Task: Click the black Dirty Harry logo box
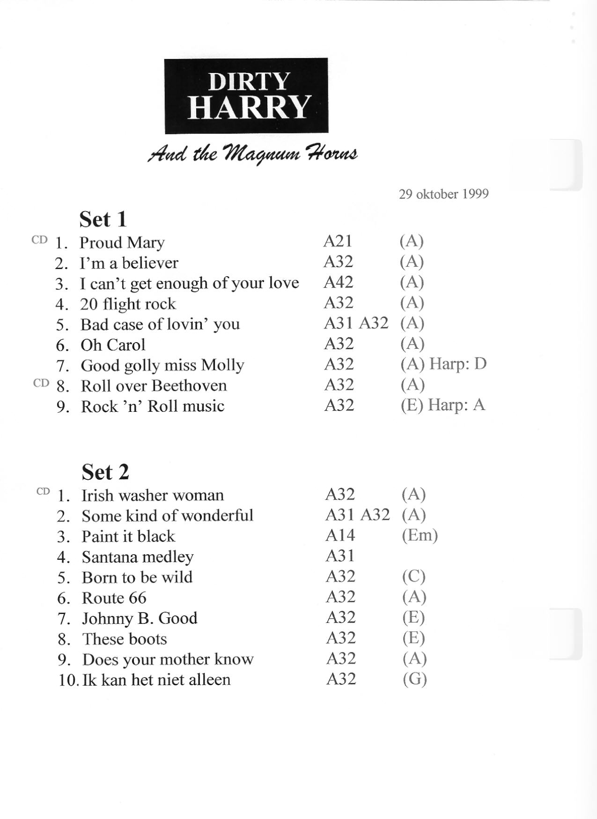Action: [246, 96]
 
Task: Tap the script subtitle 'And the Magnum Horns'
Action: [252, 154]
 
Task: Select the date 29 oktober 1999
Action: [443, 194]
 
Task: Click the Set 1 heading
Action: [103, 219]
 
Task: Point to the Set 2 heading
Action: [105, 472]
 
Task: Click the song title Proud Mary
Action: [122, 242]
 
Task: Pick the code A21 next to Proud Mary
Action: [338, 241]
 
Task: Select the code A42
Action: [338, 282]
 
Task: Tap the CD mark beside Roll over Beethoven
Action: [41, 383]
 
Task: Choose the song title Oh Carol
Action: [113, 345]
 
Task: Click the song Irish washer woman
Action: [152, 495]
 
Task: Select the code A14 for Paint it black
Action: [340, 535]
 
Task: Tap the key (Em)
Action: [420, 535]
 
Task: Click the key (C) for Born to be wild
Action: [413, 576]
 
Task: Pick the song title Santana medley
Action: [138, 557]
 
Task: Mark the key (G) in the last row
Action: [414, 679]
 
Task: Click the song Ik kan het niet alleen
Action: [156, 680]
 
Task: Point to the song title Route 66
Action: [114, 598]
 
